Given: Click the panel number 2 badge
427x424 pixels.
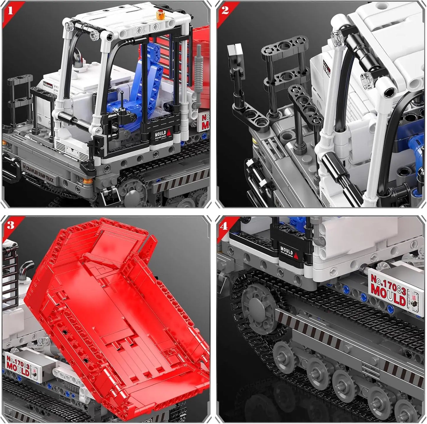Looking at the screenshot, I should click(x=225, y=11).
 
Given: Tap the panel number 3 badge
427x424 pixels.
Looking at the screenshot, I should click(x=11, y=226).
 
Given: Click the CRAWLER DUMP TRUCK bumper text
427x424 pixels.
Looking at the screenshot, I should click(x=40, y=174).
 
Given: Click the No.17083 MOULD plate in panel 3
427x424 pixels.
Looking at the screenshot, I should click(x=18, y=365).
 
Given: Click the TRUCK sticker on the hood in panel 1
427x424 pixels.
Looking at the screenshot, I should click(x=48, y=84).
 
